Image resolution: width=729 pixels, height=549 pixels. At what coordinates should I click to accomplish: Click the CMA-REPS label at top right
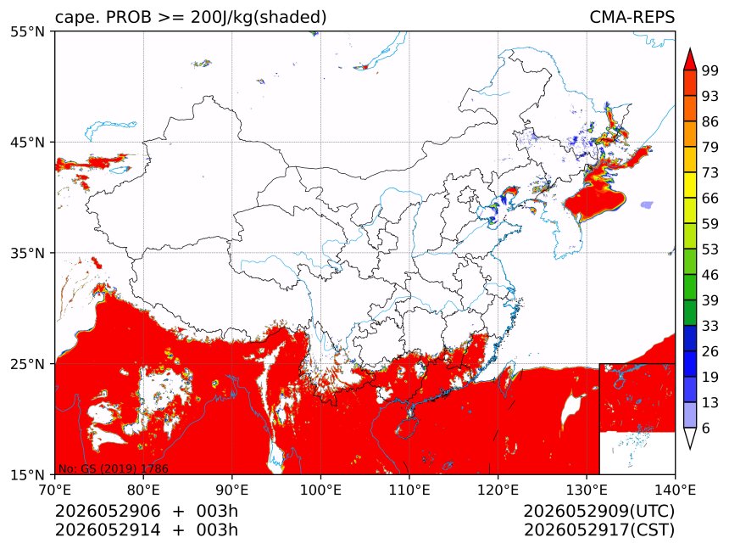[632, 17]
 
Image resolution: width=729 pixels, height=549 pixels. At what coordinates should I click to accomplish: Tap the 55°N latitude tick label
[28, 31]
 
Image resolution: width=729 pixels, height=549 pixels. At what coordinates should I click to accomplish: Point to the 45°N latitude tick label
[28, 142]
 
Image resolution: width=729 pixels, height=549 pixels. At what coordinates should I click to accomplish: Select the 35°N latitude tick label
[28, 253]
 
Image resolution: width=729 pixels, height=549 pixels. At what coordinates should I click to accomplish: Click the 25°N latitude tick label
[28, 364]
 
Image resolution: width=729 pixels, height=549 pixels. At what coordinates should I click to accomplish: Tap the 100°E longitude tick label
[320, 490]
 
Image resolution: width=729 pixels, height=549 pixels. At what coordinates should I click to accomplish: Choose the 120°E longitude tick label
[498, 490]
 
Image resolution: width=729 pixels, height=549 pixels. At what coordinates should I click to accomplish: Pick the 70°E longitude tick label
[55, 490]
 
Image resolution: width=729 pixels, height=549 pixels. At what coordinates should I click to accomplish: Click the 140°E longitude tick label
[675, 490]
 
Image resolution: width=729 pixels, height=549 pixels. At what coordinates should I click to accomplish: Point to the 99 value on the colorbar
[710, 70]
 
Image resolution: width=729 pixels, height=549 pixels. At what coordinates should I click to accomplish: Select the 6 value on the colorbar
[706, 428]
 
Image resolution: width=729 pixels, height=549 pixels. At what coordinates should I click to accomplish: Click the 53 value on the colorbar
[710, 249]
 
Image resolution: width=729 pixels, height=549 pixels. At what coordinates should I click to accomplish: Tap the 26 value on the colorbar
[710, 351]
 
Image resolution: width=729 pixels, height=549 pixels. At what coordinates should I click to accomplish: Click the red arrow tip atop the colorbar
[690, 49]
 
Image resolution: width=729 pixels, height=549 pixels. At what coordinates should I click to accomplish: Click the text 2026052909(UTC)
[598, 512]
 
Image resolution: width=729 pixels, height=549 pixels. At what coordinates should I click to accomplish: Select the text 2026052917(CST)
[598, 530]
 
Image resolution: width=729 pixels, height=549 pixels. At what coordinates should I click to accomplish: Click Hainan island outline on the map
[407, 428]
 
